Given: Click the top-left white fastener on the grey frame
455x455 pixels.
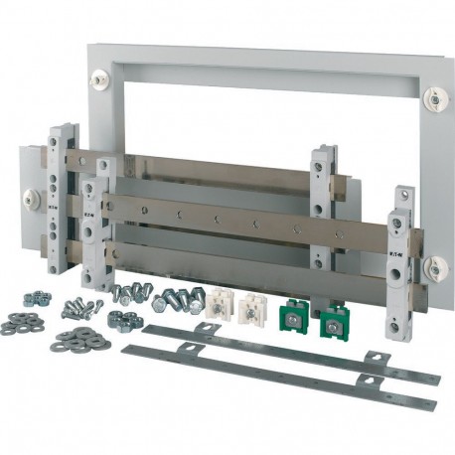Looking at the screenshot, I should coord(100,76).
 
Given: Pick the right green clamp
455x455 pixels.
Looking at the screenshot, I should coord(332,320).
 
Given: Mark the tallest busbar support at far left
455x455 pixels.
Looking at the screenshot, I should coord(63,194).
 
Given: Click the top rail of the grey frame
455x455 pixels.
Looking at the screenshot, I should coord(268,65).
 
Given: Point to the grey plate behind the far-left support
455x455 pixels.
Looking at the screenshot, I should coord(30,209).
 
